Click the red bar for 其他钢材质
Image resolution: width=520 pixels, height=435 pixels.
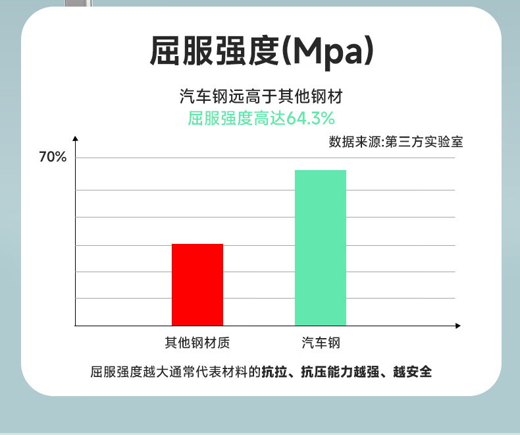click(x=197, y=285)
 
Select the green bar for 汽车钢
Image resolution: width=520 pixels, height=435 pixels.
click(x=321, y=248)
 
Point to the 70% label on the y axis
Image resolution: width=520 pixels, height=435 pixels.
click(x=53, y=157)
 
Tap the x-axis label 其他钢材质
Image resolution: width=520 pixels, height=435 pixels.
click(x=197, y=343)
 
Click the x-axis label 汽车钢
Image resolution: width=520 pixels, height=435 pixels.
click(x=321, y=343)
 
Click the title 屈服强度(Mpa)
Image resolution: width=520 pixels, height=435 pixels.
click(x=262, y=51)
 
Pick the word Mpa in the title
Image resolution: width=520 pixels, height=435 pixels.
click(x=329, y=53)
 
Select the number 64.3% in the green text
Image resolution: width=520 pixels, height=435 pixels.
click(x=311, y=118)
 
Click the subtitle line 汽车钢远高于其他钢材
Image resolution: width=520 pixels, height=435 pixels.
click(x=261, y=96)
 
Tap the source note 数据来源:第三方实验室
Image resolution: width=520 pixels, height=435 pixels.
click(x=396, y=142)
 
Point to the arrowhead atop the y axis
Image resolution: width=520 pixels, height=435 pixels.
click(x=75, y=138)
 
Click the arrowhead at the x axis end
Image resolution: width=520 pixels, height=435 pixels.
click(x=458, y=326)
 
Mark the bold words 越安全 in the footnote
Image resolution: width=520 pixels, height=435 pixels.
click(x=413, y=372)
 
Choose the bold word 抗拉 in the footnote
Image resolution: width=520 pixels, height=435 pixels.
click(x=274, y=372)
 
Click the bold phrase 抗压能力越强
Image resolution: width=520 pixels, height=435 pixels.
click(x=340, y=372)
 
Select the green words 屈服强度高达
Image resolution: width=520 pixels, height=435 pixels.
click(x=237, y=118)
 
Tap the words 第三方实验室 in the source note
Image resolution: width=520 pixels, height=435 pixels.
click(x=424, y=142)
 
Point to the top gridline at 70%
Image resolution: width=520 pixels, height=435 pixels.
click(x=265, y=158)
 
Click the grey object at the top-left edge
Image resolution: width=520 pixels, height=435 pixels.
click(x=78, y=3)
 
